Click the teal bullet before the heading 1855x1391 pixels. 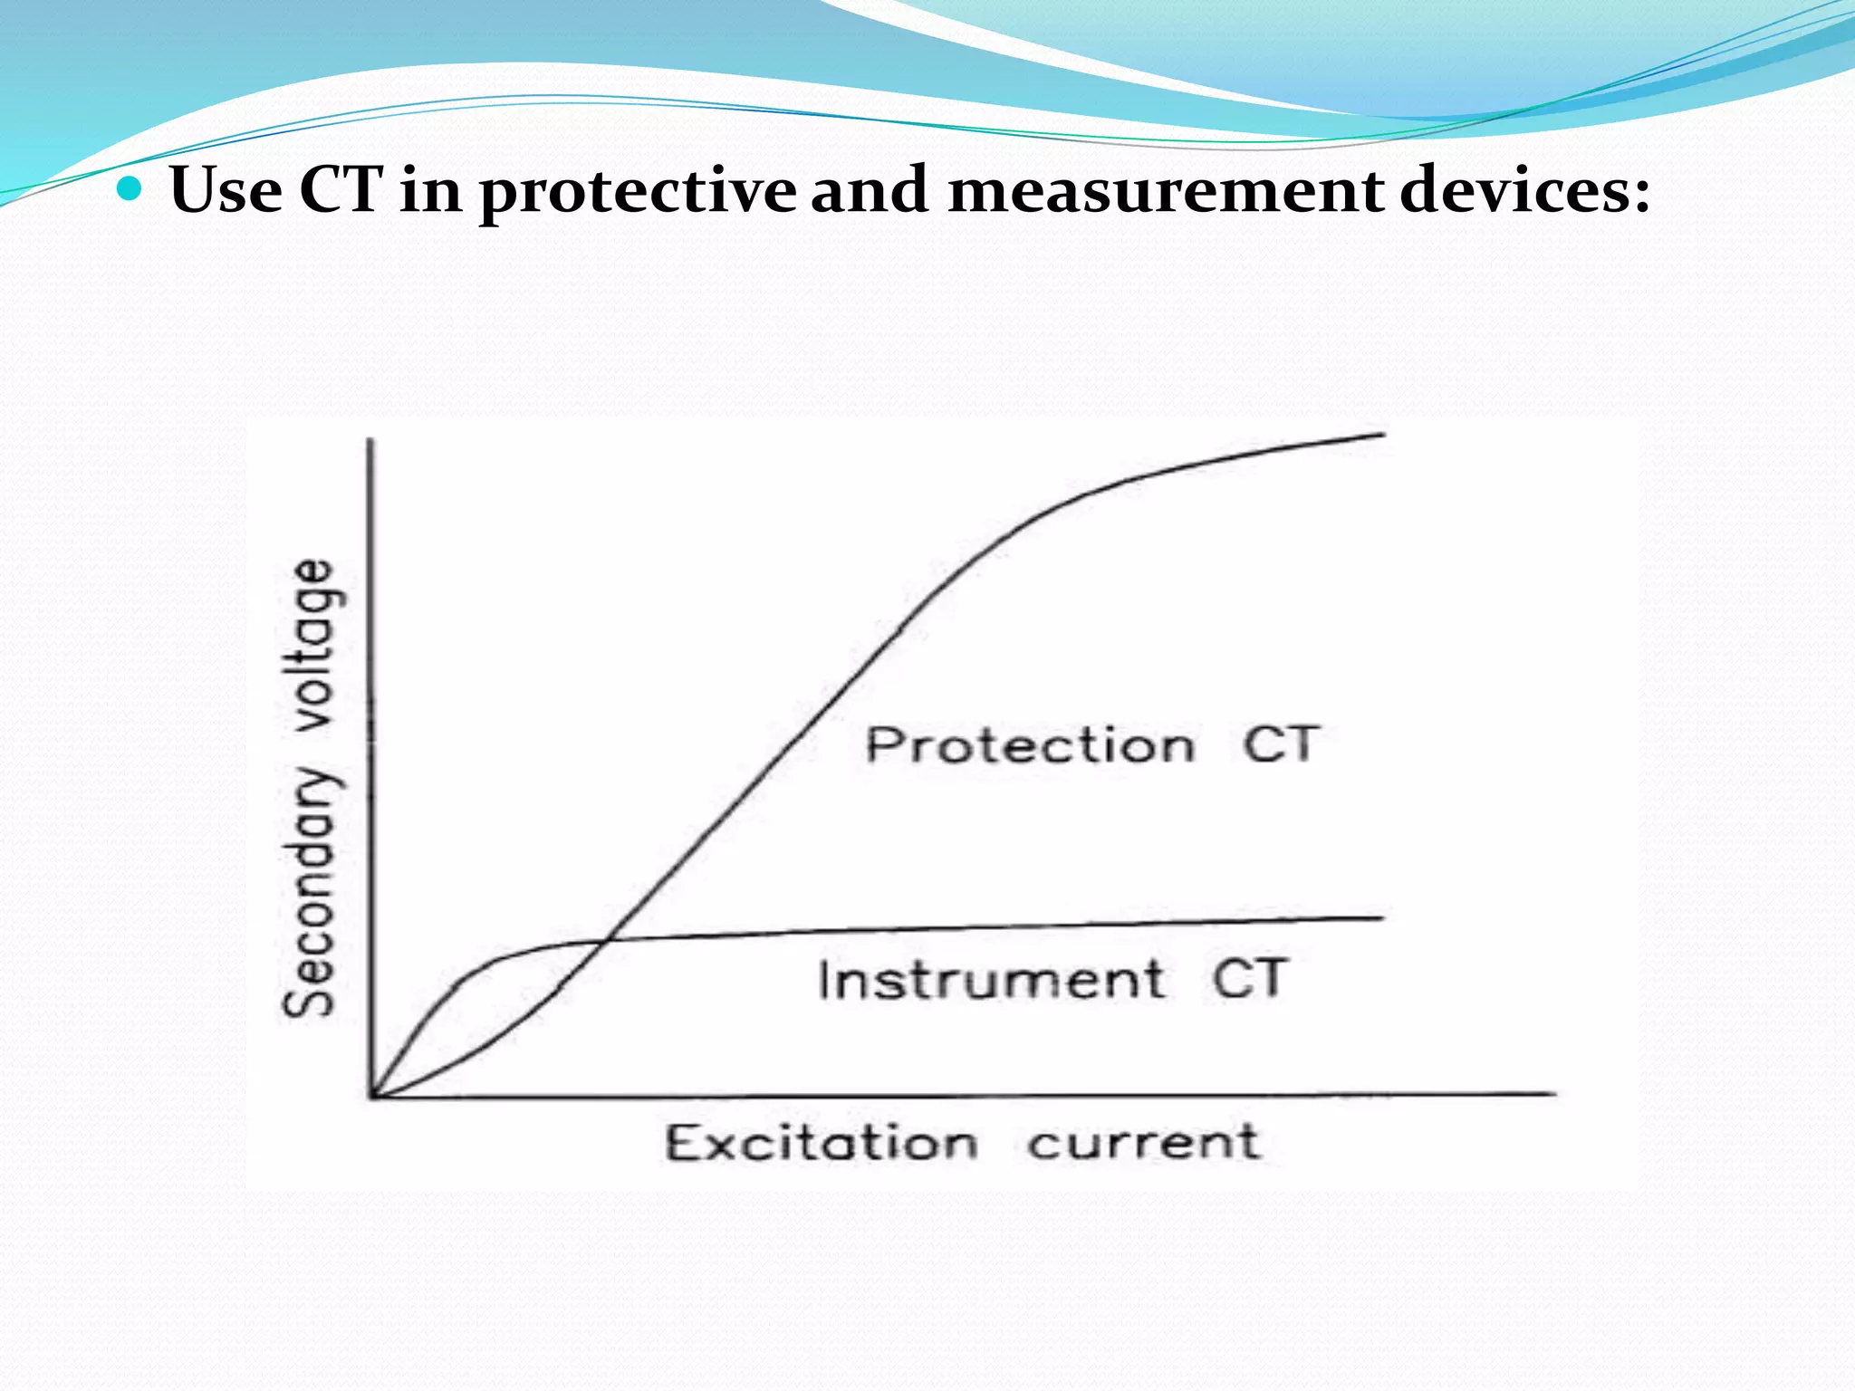pyautogui.click(x=132, y=189)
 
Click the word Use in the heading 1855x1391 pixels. pyautogui.click(x=225, y=190)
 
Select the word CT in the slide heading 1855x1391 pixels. pyautogui.click(x=341, y=190)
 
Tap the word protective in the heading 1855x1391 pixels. pyautogui.click(x=638, y=192)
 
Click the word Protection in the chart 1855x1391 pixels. pyautogui.click(x=1030, y=745)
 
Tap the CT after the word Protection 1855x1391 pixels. pyautogui.click(x=1280, y=744)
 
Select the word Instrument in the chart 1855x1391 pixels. pyautogui.click(x=991, y=980)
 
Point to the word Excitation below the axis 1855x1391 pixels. pyautogui.click(x=822, y=1142)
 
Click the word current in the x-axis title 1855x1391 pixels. pyautogui.click(x=1143, y=1142)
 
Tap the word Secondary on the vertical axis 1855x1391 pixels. pyautogui.click(x=309, y=892)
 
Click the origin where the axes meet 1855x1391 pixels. pyautogui.click(x=371, y=1096)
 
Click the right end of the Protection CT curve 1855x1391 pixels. pyautogui.click(x=1382, y=436)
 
